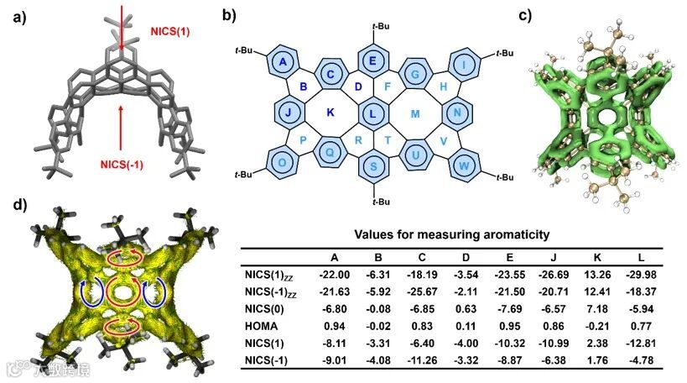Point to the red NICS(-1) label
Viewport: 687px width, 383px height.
point(123,164)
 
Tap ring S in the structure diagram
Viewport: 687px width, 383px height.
point(372,165)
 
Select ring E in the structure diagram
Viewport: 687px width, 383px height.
point(372,60)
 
